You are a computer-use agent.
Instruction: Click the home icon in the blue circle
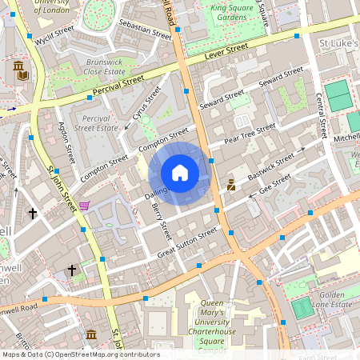pyautogui.click(x=180, y=172)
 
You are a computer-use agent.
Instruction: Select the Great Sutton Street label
pyautogui.click(x=187, y=242)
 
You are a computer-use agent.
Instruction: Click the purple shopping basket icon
pyautogui.click(x=84, y=206)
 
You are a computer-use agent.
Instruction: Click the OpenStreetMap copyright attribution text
pyautogui.click(x=80, y=354)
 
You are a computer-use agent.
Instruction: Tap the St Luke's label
pyautogui.click(x=336, y=40)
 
